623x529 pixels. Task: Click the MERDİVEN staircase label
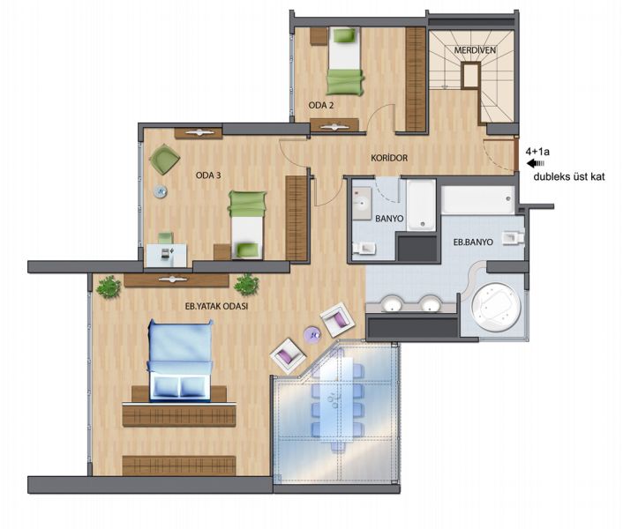click(475, 50)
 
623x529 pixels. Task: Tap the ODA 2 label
click(321, 105)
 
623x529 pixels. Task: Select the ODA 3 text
click(208, 175)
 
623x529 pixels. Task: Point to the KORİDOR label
click(389, 158)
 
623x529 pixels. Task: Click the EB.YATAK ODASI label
click(216, 306)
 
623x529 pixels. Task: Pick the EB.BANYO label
click(473, 242)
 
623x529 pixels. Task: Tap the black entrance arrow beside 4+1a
click(536, 163)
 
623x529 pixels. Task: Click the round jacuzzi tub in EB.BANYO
click(495, 306)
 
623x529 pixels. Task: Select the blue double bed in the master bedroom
click(180, 361)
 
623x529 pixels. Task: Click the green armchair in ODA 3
click(164, 159)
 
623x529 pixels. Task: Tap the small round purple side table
click(312, 334)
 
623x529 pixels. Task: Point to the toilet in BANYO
click(364, 248)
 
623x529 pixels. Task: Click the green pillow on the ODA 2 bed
click(344, 35)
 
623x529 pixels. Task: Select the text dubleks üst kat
click(569, 176)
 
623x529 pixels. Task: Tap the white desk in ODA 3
click(166, 255)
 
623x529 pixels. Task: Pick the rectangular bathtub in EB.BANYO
click(478, 199)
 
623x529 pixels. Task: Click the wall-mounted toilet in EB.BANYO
click(513, 238)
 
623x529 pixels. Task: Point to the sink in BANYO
click(362, 203)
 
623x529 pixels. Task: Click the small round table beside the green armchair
click(161, 191)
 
